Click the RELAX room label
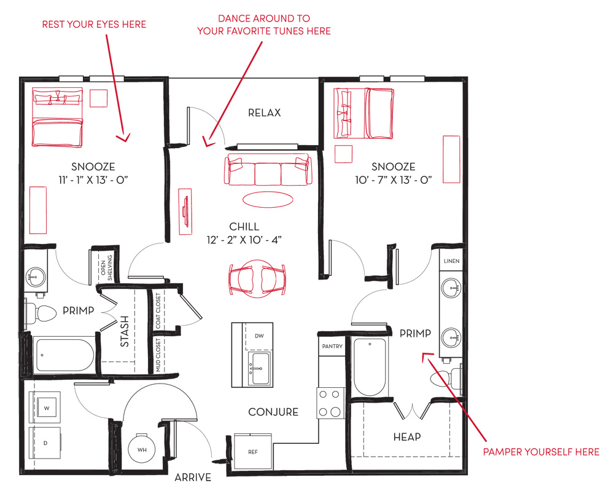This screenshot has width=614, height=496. click(x=264, y=113)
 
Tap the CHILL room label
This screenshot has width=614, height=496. click(x=244, y=227)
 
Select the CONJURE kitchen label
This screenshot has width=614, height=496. click(x=273, y=412)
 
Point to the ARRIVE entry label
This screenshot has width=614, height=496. click(x=193, y=478)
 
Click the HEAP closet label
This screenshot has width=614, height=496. click(x=407, y=437)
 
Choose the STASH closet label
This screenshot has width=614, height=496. click(x=125, y=331)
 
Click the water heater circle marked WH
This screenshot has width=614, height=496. click(x=142, y=449)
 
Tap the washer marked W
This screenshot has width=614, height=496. click(x=47, y=407)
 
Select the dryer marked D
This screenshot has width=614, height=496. click(x=45, y=443)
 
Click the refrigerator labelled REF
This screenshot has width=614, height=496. click(x=253, y=452)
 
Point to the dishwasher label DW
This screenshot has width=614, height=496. click(x=259, y=336)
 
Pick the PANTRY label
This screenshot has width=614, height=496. click(x=332, y=346)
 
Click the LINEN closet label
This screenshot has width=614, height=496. click(x=451, y=261)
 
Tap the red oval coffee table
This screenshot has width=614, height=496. click(x=268, y=199)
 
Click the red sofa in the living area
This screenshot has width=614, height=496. click(x=268, y=170)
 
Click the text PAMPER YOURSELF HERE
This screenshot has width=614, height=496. click(x=541, y=452)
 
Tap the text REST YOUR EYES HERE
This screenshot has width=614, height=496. click(x=94, y=25)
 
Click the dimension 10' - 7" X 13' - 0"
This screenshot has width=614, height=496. click(x=394, y=180)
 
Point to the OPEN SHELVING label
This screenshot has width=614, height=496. click(x=106, y=267)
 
